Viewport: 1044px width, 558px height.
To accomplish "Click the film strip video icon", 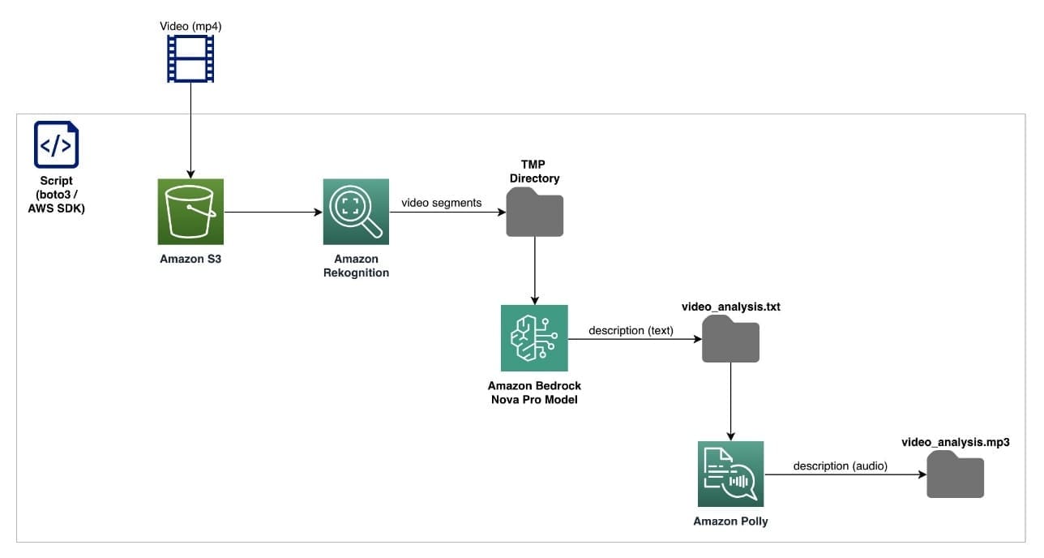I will [x=190, y=59].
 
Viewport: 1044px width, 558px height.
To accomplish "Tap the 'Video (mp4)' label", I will [x=190, y=26].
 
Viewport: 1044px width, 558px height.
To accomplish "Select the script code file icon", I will [x=56, y=144].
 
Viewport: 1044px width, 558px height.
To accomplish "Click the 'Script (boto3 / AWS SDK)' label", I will [x=56, y=194].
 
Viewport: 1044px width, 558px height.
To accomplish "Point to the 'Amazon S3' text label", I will [x=190, y=259].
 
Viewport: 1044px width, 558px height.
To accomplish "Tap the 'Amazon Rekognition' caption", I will [x=356, y=265].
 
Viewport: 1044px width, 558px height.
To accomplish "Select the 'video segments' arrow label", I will [x=441, y=203].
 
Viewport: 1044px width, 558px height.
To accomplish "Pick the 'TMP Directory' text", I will [x=534, y=172].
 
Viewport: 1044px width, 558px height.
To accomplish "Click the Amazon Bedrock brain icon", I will [x=534, y=337].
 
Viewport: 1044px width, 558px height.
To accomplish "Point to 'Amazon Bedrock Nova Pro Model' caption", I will [x=534, y=392].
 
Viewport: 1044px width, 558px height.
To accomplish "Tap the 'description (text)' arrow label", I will [x=631, y=330].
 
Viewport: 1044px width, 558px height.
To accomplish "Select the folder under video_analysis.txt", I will [x=730, y=339].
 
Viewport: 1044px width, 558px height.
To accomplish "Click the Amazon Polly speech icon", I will [x=730, y=474].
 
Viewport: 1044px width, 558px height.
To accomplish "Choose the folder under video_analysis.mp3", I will [x=956, y=474].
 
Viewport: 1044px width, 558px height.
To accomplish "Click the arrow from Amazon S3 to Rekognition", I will [x=272, y=213].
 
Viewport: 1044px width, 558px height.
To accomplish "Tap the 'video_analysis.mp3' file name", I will [x=956, y=442].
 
